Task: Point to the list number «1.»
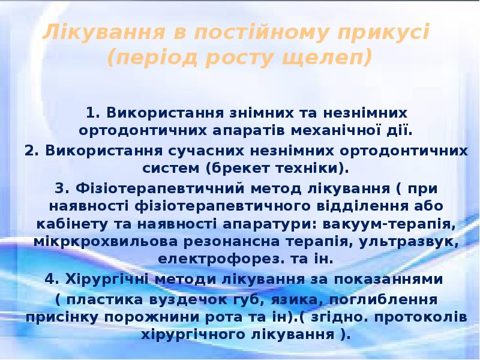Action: click(93, 112)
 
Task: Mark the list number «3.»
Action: click(62, 188)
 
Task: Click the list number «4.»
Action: click(52, 279)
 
